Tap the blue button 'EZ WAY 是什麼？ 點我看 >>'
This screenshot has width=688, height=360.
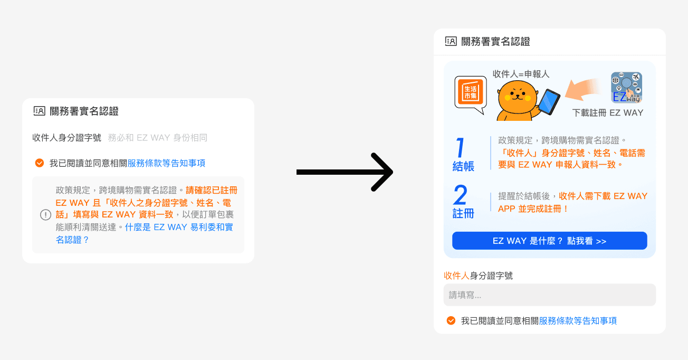549,241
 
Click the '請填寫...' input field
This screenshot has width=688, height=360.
549,295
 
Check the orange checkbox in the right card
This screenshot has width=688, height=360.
451,320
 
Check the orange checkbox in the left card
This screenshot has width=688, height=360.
39,163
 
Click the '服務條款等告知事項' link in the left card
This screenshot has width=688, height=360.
166,163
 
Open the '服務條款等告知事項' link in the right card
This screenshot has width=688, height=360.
578,320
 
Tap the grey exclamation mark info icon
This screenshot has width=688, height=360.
46,215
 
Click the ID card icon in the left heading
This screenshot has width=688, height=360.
39,111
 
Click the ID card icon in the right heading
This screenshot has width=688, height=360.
451,41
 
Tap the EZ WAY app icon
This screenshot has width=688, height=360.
626,87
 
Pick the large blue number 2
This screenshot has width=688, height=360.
460,195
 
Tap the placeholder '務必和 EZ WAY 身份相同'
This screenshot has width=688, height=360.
157,138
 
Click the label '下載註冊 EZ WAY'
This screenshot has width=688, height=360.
608,113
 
